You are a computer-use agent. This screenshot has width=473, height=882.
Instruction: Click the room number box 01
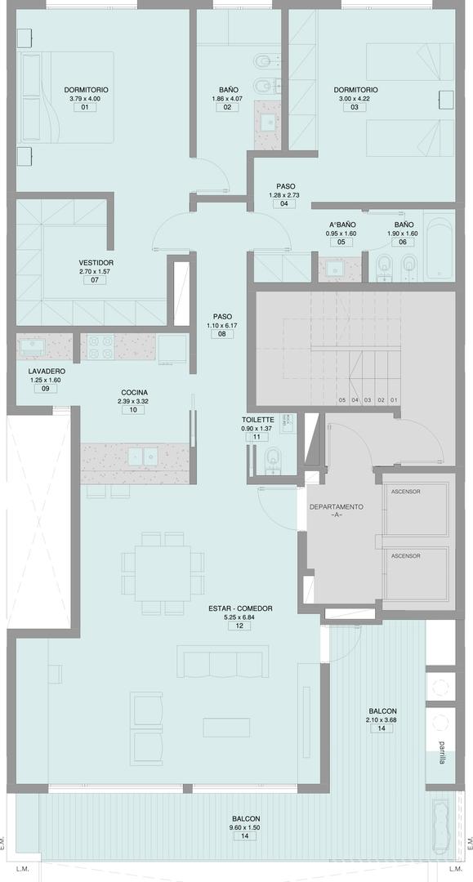85,107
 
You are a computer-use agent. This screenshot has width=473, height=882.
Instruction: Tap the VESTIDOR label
96,263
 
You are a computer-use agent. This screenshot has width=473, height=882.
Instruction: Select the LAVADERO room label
47,372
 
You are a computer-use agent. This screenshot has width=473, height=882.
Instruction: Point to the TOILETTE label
257,420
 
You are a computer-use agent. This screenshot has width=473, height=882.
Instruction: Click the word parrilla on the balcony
444,752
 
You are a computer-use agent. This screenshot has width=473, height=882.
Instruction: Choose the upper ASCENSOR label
405,492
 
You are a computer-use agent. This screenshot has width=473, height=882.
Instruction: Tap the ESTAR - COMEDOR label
240,608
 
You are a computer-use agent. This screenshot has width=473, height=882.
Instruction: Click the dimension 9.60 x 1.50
246,827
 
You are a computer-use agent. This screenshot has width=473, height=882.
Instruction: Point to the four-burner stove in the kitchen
100,347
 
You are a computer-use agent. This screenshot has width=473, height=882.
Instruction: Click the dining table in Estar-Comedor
162,573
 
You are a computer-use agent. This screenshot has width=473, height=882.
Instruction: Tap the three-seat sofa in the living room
223,661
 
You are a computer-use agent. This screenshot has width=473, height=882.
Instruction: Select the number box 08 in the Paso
222,334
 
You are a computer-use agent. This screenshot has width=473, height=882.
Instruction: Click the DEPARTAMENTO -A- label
337,510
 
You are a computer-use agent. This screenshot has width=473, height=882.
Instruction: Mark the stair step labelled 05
342,400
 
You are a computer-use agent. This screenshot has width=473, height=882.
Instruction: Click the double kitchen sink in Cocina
142,457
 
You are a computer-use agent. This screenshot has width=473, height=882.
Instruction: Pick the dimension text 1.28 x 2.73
284,195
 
